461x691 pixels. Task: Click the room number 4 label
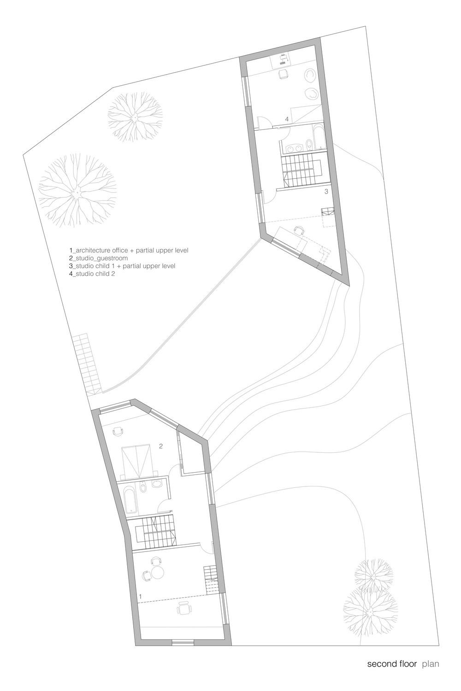287,119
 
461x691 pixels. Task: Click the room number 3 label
326,192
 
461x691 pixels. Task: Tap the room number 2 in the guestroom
160,446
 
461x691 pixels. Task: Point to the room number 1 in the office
141,596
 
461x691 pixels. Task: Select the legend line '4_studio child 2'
92,273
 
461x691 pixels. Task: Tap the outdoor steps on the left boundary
87,364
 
